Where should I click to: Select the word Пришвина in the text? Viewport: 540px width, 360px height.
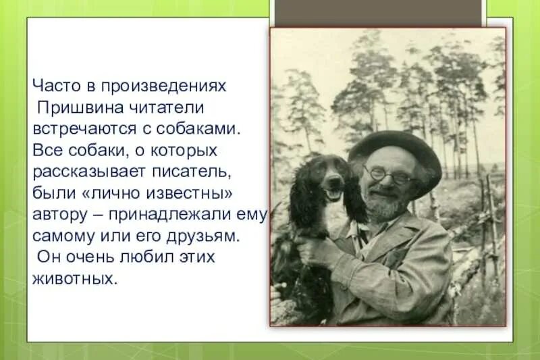click(70, 107)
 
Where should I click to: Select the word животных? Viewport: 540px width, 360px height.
click(74, 279)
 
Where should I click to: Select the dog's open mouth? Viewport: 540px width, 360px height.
click(333, 193)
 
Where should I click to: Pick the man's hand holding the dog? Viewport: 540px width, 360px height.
click(315, 249)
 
